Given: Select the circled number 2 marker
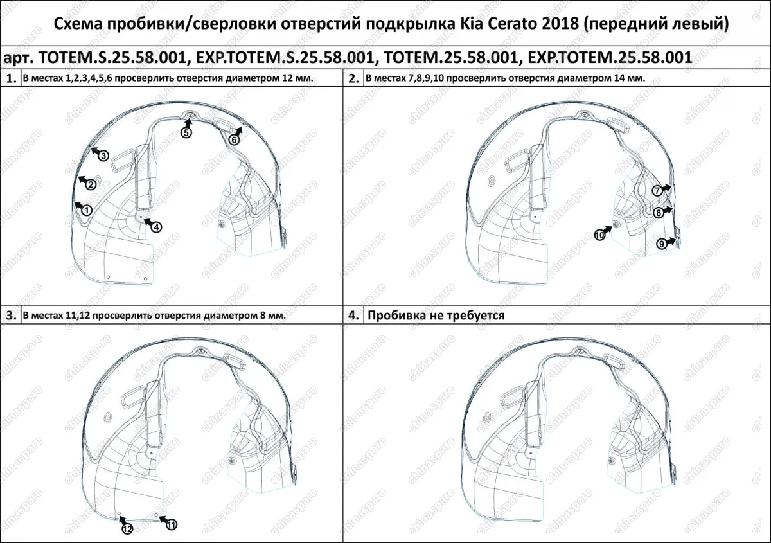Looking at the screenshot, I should pos(91,184).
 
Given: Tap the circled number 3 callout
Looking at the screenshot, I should pos(102,155).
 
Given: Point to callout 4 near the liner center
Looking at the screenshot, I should pos(157,226).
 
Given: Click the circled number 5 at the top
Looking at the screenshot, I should pos(186,132).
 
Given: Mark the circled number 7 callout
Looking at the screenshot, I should pos(657,191).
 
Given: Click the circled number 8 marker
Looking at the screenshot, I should pos(659,213).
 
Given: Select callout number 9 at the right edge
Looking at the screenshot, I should pos(662,244).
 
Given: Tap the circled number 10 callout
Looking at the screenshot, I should pos(599,235).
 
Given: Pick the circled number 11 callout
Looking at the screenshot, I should pos(171,525).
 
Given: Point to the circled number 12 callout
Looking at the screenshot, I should pos(127,528).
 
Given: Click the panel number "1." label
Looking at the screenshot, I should pos(11,79).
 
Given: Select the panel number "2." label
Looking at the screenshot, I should pos(353,79).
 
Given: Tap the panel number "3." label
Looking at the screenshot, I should pos(11,316).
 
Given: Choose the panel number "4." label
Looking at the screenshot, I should pos(353,316).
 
